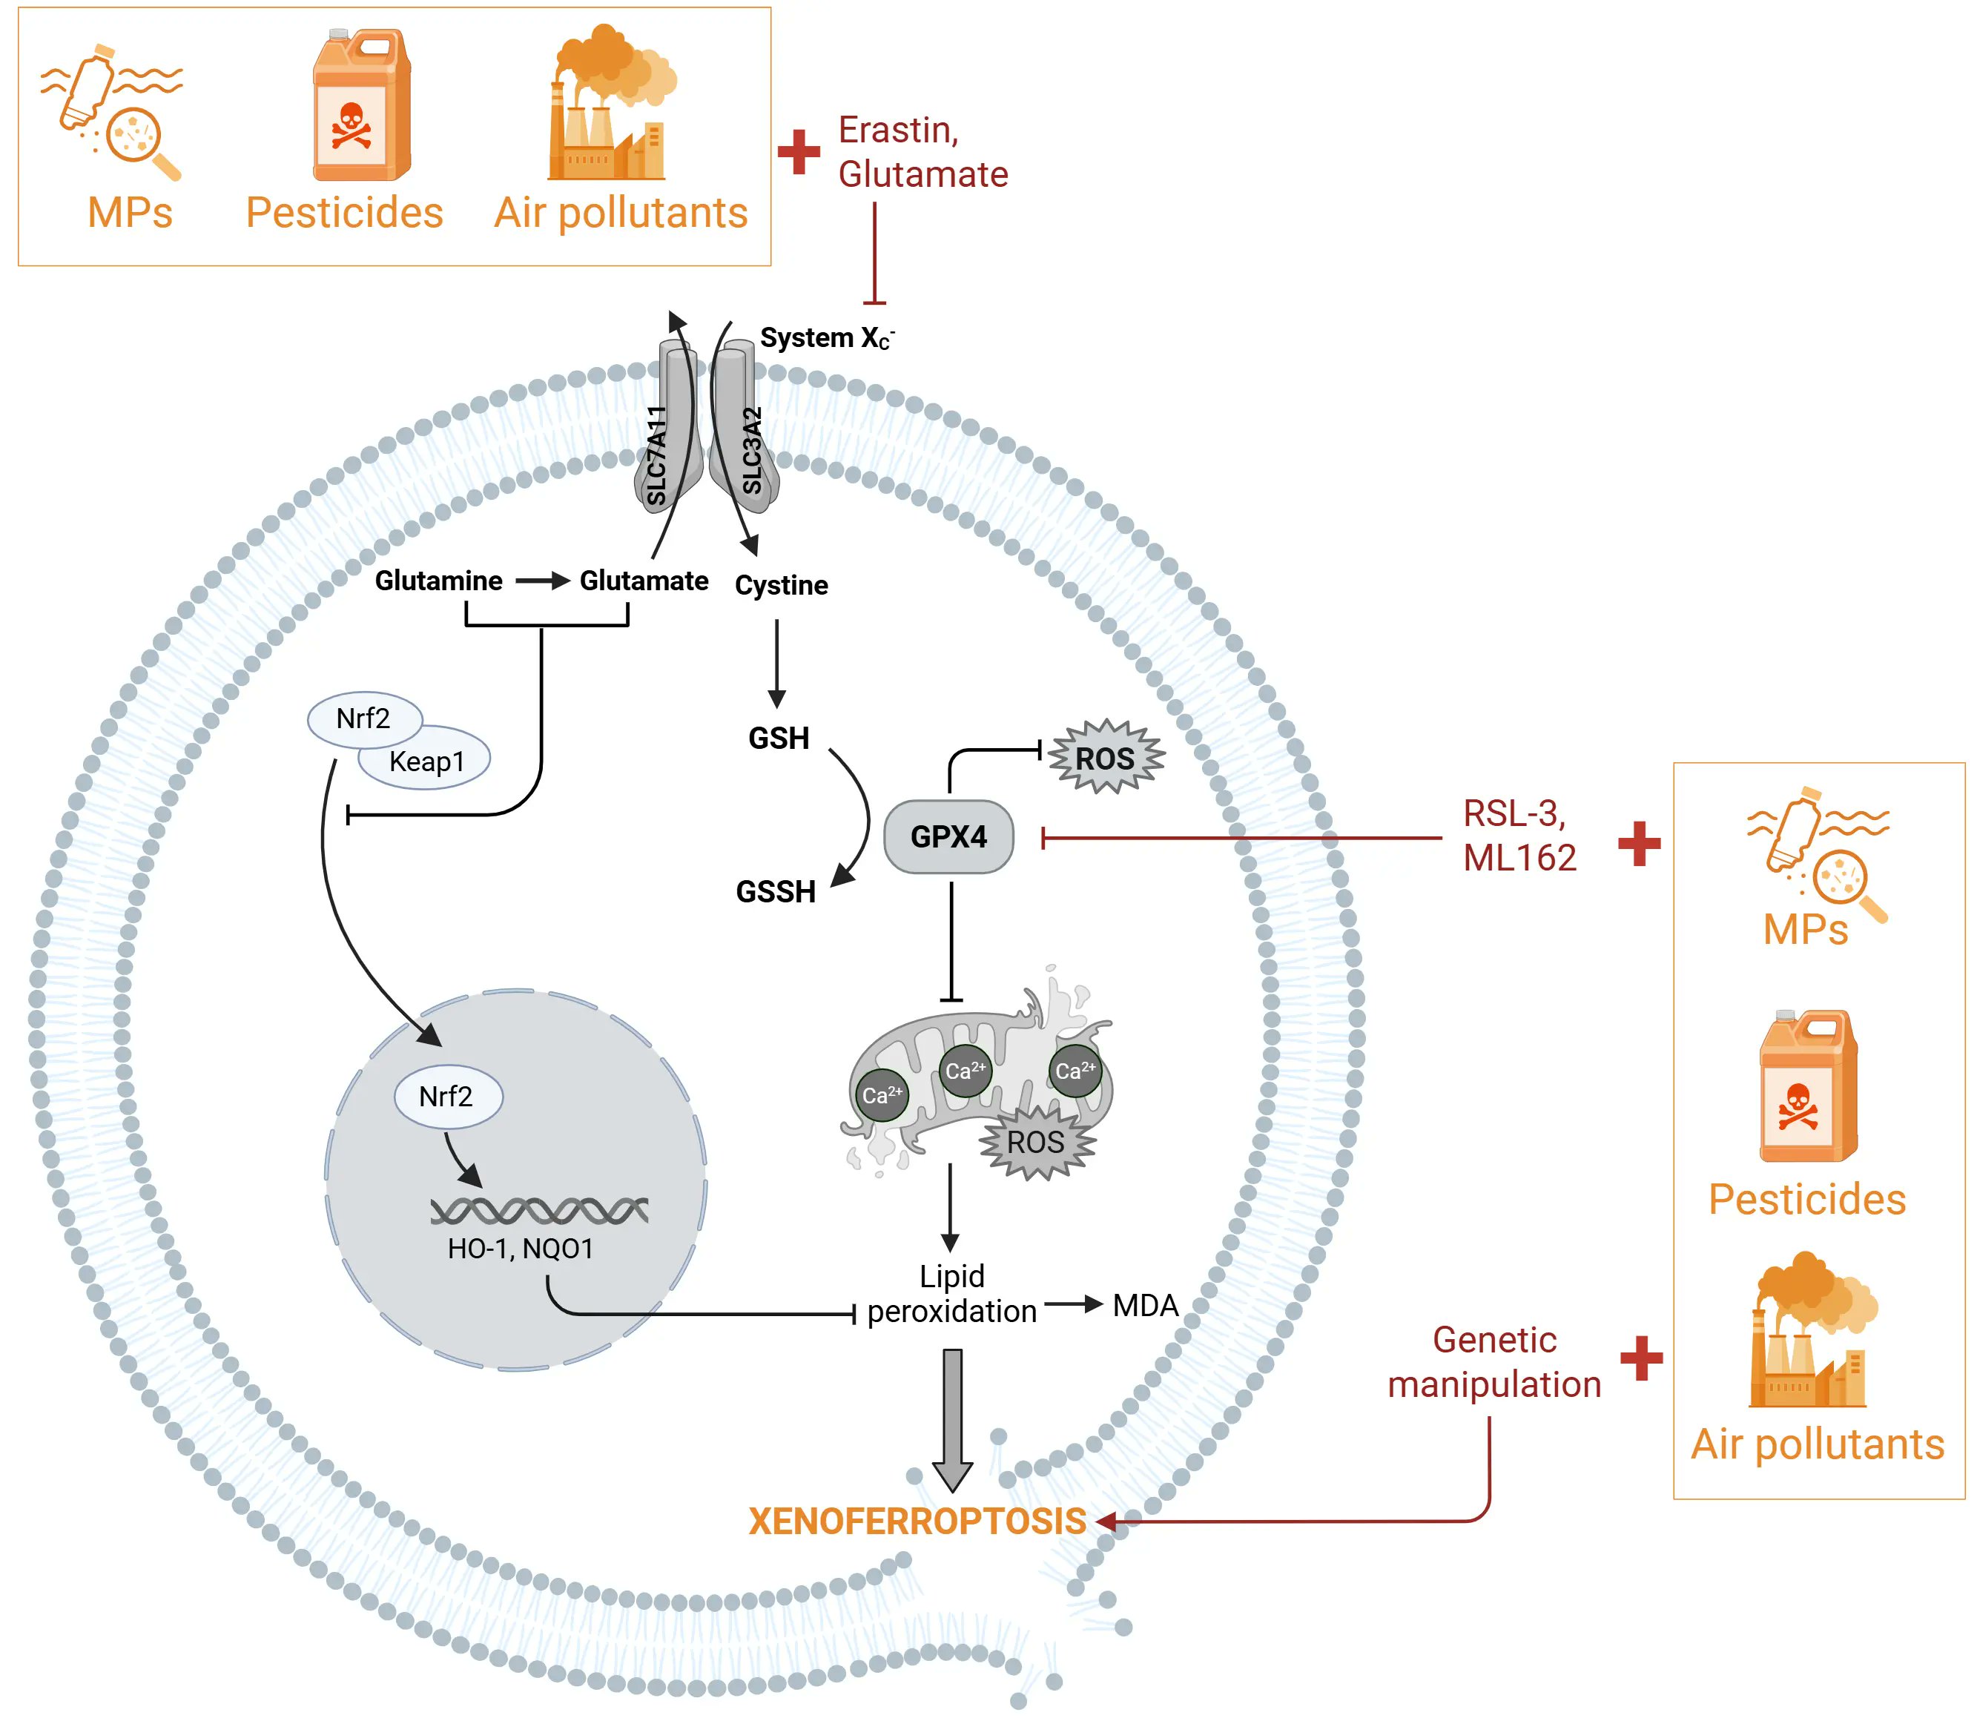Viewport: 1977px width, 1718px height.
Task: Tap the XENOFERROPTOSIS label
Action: coord(917,1522)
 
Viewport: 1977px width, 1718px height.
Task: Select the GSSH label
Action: coord(775,891)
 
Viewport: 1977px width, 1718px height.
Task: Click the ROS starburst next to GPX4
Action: coord(1106,759)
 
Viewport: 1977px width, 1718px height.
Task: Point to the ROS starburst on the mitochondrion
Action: coord(1035,1142)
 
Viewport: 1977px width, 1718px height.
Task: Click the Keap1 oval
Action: coord(426,761)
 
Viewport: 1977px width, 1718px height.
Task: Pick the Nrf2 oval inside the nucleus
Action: coord(447,1096)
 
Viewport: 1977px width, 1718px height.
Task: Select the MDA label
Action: coord(1145,1306)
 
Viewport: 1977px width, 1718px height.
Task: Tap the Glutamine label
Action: coord(438,581)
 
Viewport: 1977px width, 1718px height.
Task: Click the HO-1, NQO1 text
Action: coord(520,1248)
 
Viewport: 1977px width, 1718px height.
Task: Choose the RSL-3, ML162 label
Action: coord(1519,835)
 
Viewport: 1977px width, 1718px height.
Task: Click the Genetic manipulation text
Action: coord(1493,1362)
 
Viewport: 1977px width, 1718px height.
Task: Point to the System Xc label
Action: coord(825,338)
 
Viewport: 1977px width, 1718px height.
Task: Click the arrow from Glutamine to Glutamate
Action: coord(541,581)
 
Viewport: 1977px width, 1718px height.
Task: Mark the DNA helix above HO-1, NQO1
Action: coord(539,1211)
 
